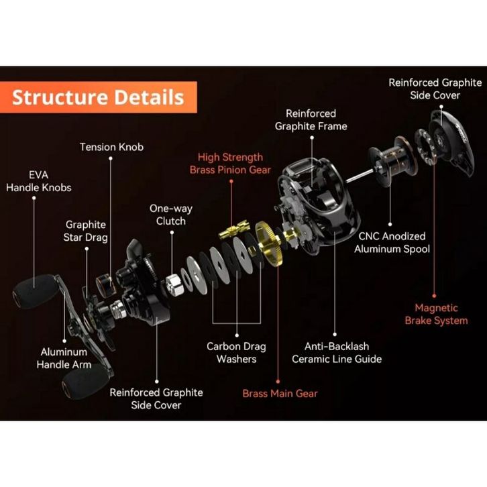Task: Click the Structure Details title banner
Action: pyautogui.click(x=98, y=97)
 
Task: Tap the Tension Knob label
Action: pyautogui.click(x=111, y=147)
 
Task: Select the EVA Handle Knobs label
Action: pyautogui.click(x=39, y=181)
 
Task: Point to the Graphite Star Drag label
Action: pyautogui.click(x=85, y=231)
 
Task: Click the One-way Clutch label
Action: pyautogui.click(x=171, y=215)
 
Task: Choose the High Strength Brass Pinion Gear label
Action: pyautogui.click(x=230, y=164)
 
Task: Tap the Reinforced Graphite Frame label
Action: pyautogui.click(x=311, y=120)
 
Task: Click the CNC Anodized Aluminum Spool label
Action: pyautogui.click(x=392, y=243)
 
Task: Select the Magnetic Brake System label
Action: pyautogui.click(x=437, y=314)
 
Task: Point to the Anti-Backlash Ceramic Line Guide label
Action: pyautogui.click(x=337, y=353)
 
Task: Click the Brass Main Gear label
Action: pyautogui.click(x=280, y=394)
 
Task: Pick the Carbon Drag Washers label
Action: pyautogui.click(x=236, y=353)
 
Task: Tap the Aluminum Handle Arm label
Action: pyautogui.click(x=64, y=358)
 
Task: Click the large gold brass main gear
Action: pyautogui.click(x=268, y=243)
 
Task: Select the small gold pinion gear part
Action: pyautogui.click(x=233, y=229)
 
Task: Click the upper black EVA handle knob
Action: pyautogui.click(x=35, y=291)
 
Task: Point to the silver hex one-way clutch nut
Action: pyautogui.click(x=174, y=284)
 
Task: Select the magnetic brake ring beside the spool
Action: pyautogui.click(x=425, y=146)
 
